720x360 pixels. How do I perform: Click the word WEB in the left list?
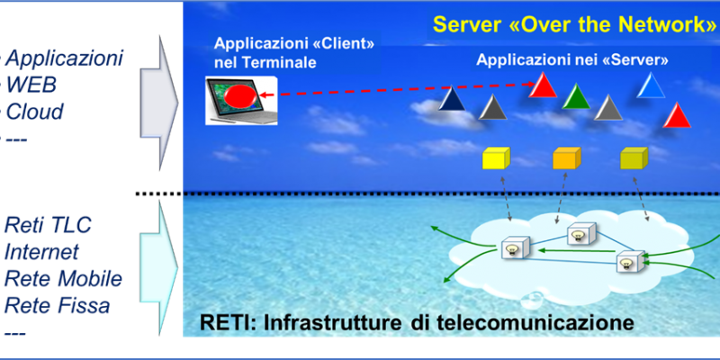click(x=31, y=85)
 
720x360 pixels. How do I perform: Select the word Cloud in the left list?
click(x=34, y=112)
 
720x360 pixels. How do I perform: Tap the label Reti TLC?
click(x=49, y=225)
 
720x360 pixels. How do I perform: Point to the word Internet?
click(x=41, y=252)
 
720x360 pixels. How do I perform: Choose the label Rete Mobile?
click(x=63, y=279)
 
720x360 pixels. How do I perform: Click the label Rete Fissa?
click(x=58, y=306)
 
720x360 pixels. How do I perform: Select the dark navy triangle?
click(x=452, y=98)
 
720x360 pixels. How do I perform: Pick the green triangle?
click(x=576, y=96)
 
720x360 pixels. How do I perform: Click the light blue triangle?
click(x=651, y=85)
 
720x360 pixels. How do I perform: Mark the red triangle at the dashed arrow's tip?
click(x=543, y=85)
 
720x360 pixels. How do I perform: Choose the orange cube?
click(x=567, y=158)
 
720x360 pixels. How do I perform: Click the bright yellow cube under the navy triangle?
click(x=496, y=158)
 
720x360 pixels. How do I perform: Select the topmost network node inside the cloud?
click(x=581, y=234)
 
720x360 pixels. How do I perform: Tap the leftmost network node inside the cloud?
click(x=516, y=248)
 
